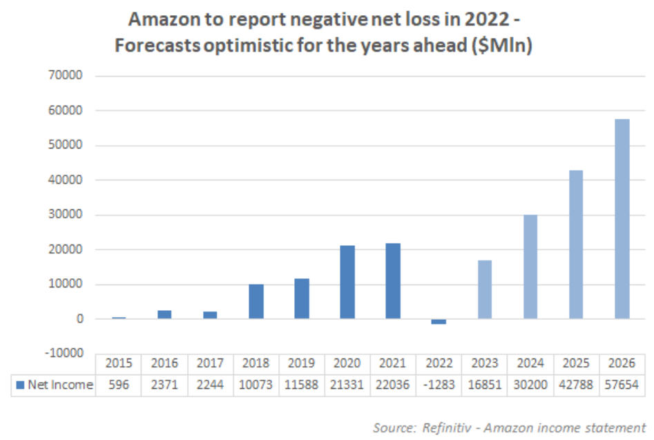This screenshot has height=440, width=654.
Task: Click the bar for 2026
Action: [x=622, y=219]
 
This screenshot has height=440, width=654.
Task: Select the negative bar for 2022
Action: [x=439, y=321]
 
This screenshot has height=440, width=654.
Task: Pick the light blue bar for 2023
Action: [x=485, y=289]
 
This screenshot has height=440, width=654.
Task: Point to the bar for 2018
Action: [x=256, y=301]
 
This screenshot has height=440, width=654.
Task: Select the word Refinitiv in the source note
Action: [x=449, y=427]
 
